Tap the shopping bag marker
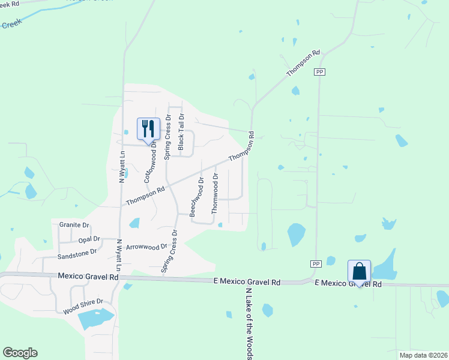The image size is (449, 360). [359, 271]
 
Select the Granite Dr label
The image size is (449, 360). [74, 225]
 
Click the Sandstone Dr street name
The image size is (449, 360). [76, 254]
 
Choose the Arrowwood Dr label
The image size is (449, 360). [146, 247]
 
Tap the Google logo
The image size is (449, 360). [20, 353]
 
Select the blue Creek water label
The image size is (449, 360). [10, 25]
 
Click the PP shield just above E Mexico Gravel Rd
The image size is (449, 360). [316, 264]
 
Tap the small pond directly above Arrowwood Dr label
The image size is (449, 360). [134, 223]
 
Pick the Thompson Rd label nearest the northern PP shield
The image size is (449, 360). [303, 62]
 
